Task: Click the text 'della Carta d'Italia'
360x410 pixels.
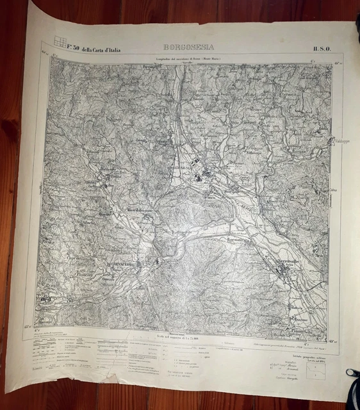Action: pyautogui.click(x=99, y=49)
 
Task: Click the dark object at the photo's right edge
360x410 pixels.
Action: pyautogui.click(x=353, y=373)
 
